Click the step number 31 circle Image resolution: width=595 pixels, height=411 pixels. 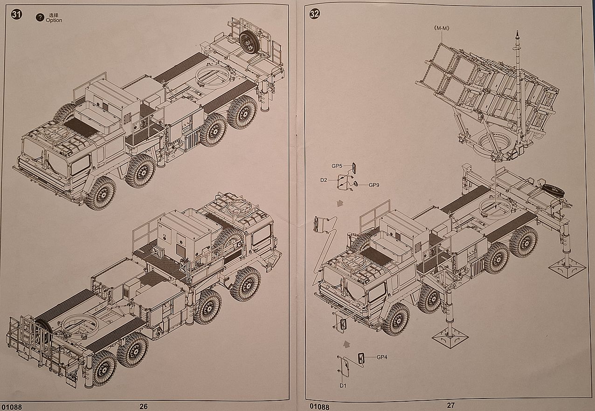click(x=17, y=14)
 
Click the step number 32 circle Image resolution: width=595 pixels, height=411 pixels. click(x=315, y=14)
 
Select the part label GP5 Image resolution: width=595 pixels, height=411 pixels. click(x=337, y=166)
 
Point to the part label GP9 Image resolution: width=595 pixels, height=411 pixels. click(x=374, y=185)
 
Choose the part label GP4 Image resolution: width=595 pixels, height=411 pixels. click(x=382, y=357)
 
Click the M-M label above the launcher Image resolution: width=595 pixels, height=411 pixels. click(x=441, y=28)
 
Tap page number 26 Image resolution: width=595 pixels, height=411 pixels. click(x=144, y=406)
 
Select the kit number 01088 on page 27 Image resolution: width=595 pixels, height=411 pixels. click(x=318, y=407)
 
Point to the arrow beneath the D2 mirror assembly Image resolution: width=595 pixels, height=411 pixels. click(x=339, y=203)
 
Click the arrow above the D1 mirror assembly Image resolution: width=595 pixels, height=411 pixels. click(x=346, y=344)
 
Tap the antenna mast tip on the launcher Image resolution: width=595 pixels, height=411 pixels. click(x=517, y=34)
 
